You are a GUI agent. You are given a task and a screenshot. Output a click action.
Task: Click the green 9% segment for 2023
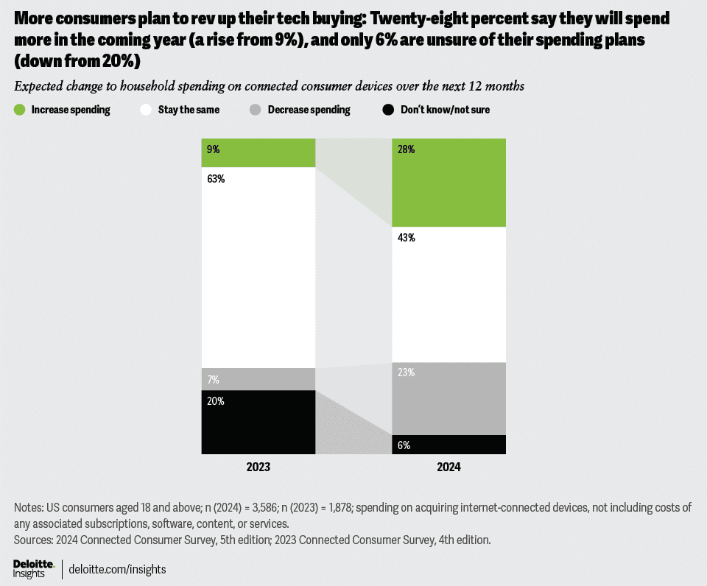pyautogui.click(x=258, y=153)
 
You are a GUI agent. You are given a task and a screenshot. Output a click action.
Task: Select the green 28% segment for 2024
pyautogui.click(x=449, y=183)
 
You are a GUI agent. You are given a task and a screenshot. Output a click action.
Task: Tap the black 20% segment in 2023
pyautogui.click(x=258, y=422)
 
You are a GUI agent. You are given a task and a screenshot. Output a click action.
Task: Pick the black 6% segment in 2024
pyautogui.click(x=449, y=445)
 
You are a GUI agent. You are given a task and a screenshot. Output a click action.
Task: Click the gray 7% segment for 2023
pyautogui.click(x=258, y=379)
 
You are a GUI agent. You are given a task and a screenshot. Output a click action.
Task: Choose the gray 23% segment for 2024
pyautogui.click(x=449, y=398)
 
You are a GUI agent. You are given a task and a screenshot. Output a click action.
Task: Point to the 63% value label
pyautogui.click(x=215, y=179)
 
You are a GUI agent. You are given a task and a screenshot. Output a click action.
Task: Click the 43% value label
pyautogui.click(x=407, y=238)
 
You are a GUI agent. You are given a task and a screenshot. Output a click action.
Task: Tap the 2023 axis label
pyautogui.click(x=258, y=467)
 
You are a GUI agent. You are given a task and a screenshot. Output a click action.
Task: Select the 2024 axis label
pyautogui.click(x=449, y=467)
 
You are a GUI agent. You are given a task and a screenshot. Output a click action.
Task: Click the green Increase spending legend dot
pyautogui.click(x=20, y=110)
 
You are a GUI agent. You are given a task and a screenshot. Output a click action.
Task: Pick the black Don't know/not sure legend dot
pyautogui.click(x=389, y=110)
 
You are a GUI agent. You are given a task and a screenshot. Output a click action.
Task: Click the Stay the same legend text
pyautogui.click(x=189, y=110)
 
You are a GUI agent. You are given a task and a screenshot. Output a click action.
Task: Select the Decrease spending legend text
pyautogui.click(x=309, y=110)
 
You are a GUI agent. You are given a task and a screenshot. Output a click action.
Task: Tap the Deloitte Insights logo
pyautogui.click(x=34, y=568)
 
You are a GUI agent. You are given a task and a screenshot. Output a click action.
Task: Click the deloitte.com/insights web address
pyautogui.click(x=117, y=569)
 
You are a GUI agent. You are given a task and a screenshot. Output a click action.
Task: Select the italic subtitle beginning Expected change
pyautogui.click(x=269, y=86)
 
